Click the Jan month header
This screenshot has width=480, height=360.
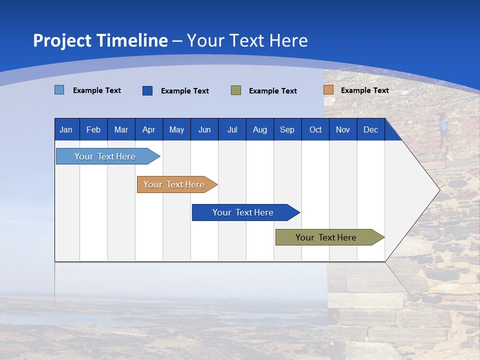(x=66, y=130)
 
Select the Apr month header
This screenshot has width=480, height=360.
(x=148, y=130)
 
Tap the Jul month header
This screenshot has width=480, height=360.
(x=232, y=130)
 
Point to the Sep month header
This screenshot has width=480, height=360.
(x=287, y=130)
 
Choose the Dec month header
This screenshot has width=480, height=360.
(x=370, y=130)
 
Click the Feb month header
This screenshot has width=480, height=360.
(x=93, y=130)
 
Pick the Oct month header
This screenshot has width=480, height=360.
(x=315, y=130)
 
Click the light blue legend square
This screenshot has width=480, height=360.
(x=59, y=90)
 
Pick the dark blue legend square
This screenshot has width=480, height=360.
(x=147, y=90)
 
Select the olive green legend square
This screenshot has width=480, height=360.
(x=236, y=90)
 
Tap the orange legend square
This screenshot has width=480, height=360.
(x=328, y=90)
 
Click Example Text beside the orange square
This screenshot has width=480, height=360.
(x=364, y=90)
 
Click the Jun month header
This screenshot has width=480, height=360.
(x=204, y=130)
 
